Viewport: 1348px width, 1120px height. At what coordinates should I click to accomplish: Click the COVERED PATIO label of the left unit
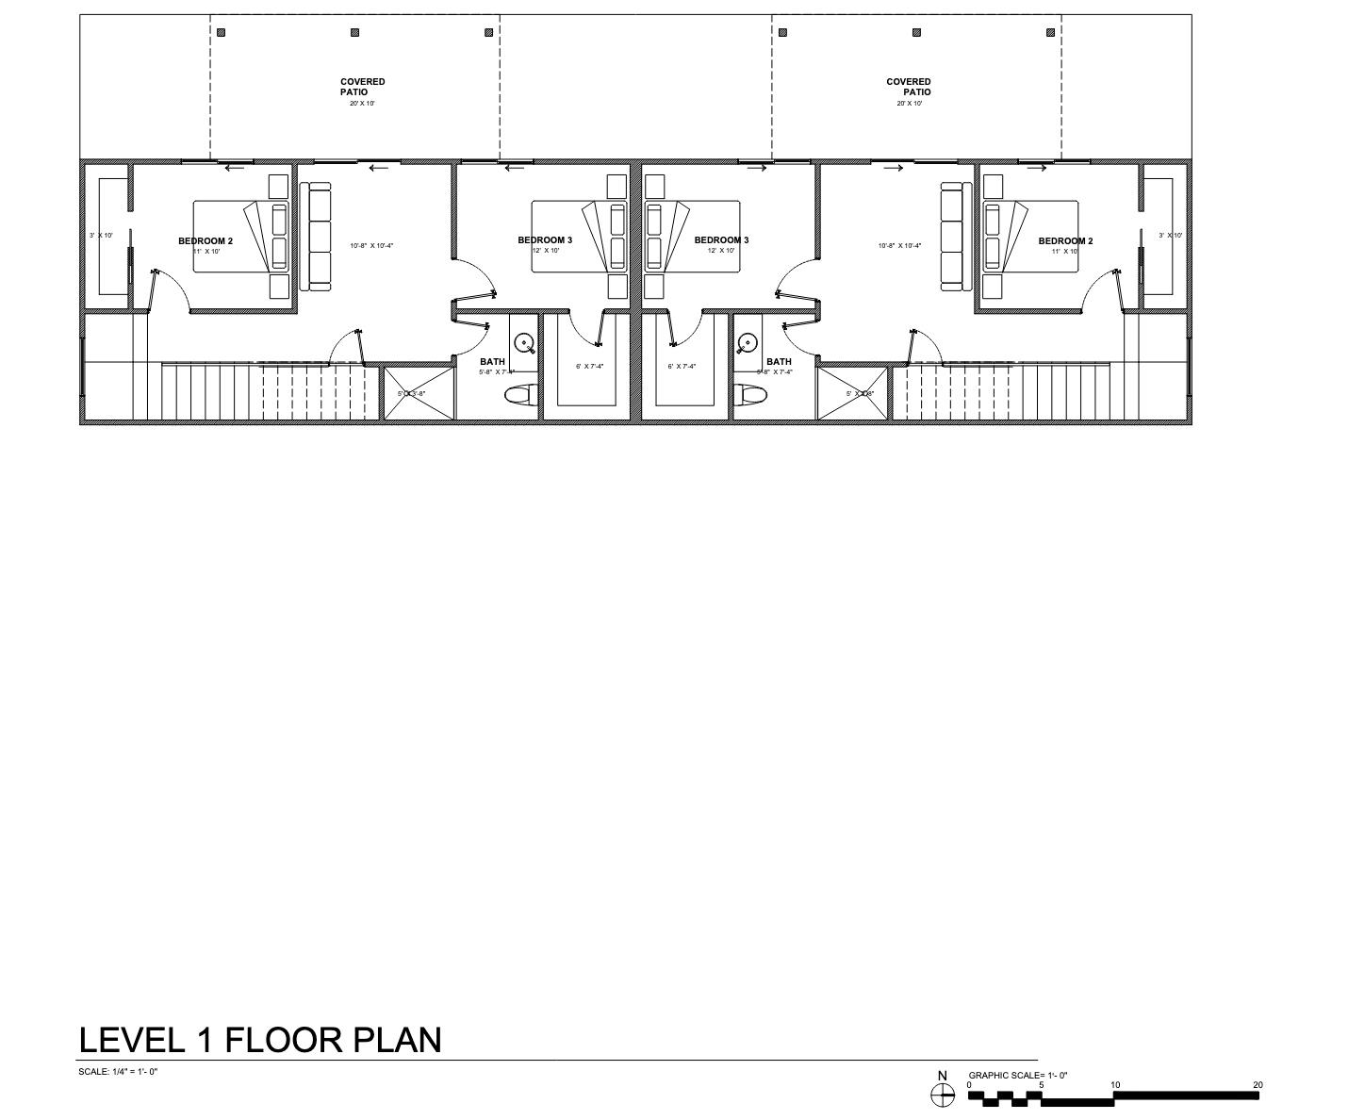coord(362,87)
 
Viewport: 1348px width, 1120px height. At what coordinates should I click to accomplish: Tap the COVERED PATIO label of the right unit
coord(909,87)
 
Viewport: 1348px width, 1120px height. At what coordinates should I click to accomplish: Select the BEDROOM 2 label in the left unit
coord(205,240)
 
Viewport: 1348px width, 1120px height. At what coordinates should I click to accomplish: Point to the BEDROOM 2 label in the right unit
coord(1065,240)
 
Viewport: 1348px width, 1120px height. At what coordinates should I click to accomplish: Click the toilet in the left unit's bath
coord(520,395)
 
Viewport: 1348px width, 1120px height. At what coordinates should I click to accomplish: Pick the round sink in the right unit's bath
coord(748,343)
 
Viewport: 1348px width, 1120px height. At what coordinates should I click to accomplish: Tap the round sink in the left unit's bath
coord(524,343)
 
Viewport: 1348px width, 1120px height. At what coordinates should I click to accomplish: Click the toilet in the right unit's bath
coord(750,395)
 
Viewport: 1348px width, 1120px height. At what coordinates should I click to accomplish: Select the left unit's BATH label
coord(492,361)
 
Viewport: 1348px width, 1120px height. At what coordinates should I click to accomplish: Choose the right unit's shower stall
coord(852,393)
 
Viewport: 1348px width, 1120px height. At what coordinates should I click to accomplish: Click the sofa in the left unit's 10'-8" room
coord(317,236)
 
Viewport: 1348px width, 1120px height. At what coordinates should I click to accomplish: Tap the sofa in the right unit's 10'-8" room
coord(956,236)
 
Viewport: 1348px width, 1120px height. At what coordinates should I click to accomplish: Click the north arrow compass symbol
coord(942,1095)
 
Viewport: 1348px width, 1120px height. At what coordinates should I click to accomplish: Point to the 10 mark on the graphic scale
coord(1115,1085)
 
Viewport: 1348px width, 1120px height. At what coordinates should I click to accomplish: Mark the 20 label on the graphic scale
coord(1258,1085)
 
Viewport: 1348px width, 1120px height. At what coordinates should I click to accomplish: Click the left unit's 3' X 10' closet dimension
coord(101,235)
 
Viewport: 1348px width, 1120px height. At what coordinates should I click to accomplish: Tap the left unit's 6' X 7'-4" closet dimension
coord(589,366)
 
